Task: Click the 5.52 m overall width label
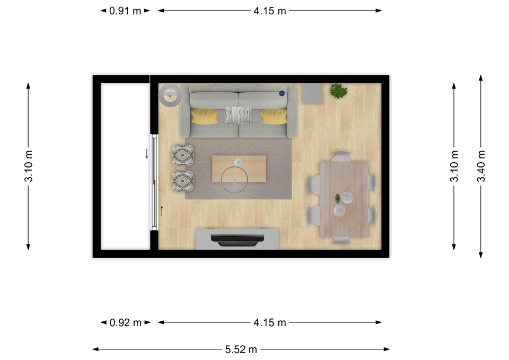[x=241, y=349]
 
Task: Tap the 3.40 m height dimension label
[x=481, y=166]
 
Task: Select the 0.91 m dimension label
[x=125, y=11]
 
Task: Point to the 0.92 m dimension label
[x=125, y=322]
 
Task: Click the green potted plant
[x=339, y=91]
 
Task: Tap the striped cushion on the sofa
[x=239, y=115]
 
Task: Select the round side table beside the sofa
[x=170, y=95]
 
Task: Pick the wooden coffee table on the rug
[x=239, y=169]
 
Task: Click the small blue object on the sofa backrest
[x=282, y=93]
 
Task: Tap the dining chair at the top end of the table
[x=341, y=156]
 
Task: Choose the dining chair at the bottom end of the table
[x=341, y=241]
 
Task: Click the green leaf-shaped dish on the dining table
[x=338, y=198]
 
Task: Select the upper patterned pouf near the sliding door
[x=183, y=155]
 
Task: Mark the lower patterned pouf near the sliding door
[x=183, y=181]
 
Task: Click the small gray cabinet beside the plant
[x=312, y=93]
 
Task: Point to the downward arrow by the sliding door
[x=147, y=154]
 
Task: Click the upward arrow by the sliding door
[x=162, y=211]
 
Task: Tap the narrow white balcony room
[x=125, y=166]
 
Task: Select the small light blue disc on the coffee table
[x=238, y=162]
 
